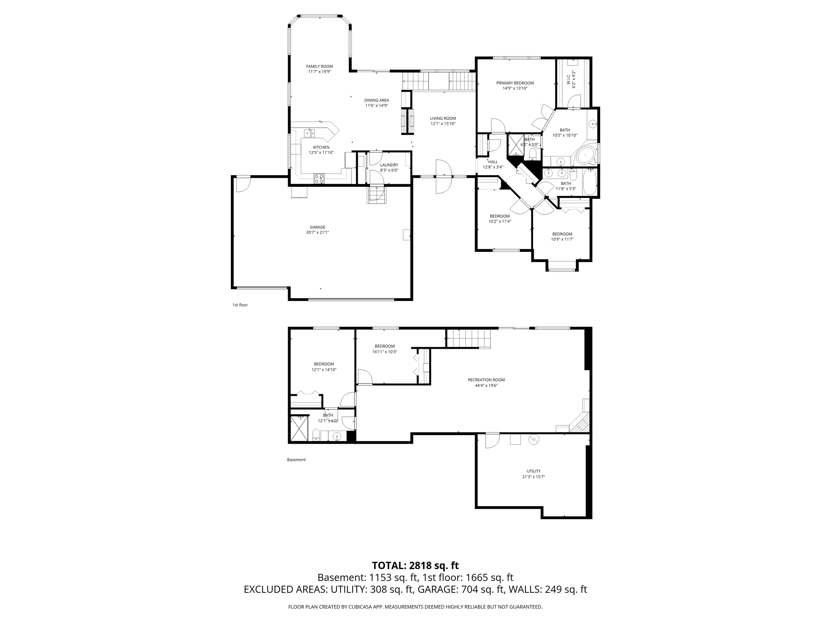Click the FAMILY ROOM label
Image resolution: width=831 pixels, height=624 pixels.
click(319, 66)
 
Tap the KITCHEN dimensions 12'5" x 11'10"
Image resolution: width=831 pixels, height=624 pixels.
click(321, 153)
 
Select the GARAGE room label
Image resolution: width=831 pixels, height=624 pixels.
click(317, 227)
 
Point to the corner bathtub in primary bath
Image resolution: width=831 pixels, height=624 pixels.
click(586, 156)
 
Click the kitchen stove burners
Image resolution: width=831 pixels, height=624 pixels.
click(319, 177)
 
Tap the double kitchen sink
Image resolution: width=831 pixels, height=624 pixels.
click(310, 132)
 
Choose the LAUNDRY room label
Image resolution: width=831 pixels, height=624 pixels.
click(389, 165)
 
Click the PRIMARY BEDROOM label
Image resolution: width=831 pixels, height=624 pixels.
click(515, 83)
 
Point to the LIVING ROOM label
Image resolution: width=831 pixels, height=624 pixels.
click(443, 119)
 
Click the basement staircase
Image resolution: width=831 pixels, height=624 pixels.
click(469, 338)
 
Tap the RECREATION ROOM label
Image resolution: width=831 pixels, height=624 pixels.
click(486, 380)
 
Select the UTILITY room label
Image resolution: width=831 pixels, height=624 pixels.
click(533, 471)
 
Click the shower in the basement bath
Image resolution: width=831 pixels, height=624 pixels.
click(299, 428)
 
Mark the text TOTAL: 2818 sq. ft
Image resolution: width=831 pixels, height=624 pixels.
click(415, 565)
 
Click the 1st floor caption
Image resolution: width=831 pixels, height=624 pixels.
click(240, 305)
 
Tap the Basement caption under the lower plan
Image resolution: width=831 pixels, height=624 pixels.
click(296, 460)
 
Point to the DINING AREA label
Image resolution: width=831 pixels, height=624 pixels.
click(377, 100)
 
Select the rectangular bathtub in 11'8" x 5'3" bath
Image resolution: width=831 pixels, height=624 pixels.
click(589, 182)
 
